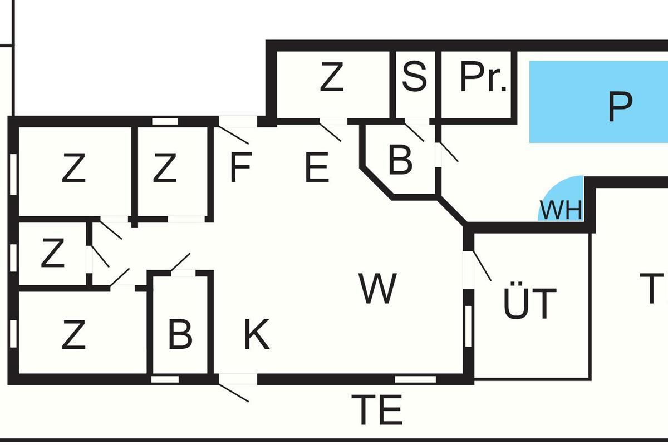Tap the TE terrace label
point(377,410)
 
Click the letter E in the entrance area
point(317,167)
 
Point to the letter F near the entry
point(240,167)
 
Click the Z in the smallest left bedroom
point(52,254)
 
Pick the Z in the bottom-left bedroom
point(73,334)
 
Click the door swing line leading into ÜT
point(482,266)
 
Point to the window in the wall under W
point(415,379)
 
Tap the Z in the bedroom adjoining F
point(164,168)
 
